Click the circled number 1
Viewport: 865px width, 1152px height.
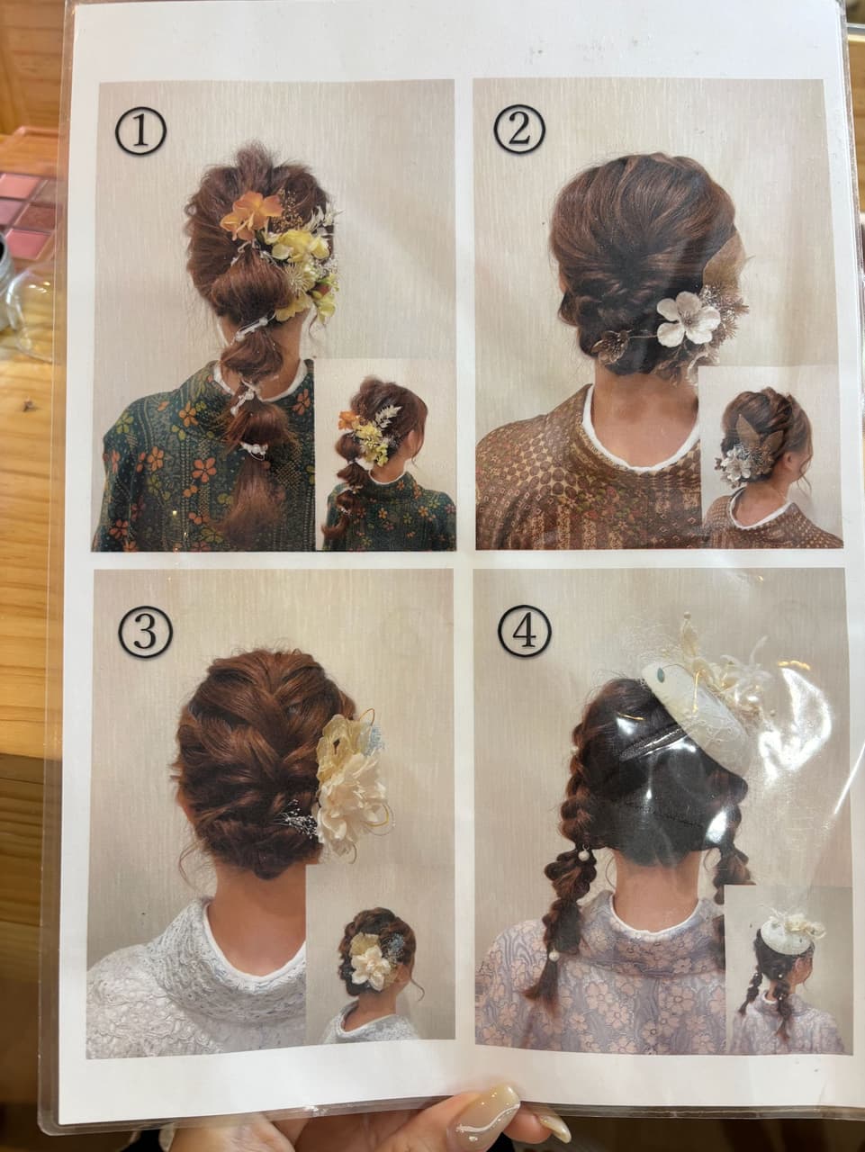(140, 133)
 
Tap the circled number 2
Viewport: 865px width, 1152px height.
(519, 129)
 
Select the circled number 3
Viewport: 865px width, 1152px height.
(146, 632)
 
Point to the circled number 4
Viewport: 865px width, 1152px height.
(525, 632)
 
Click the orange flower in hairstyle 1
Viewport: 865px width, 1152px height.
(251, 213)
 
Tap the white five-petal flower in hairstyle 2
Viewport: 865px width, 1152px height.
(688, 317)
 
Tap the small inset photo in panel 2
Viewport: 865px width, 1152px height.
(771, 455)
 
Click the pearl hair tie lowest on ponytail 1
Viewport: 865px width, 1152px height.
(255, 447)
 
